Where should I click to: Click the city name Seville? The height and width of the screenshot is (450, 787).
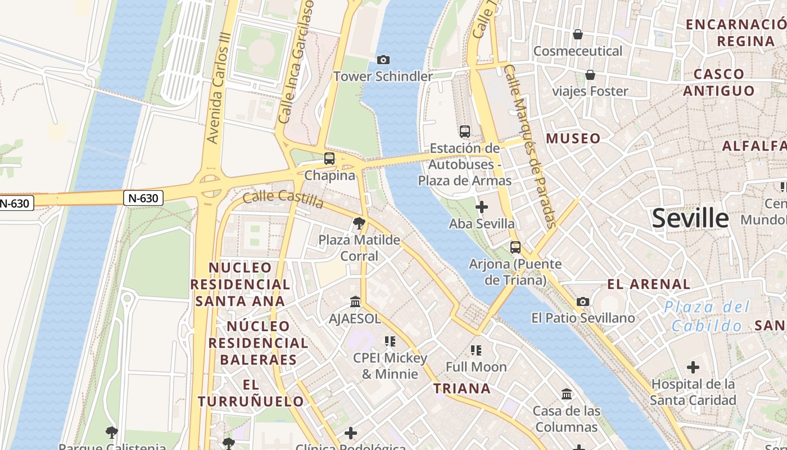point(690,218)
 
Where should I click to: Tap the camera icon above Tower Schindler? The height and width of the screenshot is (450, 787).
point(383,60)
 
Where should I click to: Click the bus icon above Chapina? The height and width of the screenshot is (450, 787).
point(329,159)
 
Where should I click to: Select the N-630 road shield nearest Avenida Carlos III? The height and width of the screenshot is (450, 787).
point(143,198)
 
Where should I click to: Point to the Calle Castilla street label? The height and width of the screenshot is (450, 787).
point(283,199)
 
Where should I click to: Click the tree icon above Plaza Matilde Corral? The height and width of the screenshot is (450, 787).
point(359,224)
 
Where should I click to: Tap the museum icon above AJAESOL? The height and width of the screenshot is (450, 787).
point(355,302)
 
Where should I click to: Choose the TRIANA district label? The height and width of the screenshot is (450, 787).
point(462,388)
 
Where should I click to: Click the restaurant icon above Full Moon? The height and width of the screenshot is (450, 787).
point(476,350)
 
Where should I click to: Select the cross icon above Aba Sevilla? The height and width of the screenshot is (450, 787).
point(481,207)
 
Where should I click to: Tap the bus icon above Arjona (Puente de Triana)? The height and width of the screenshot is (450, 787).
point(515,247)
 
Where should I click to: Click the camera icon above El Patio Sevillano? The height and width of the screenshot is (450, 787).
point(583,301)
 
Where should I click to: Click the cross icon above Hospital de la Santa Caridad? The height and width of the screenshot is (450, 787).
point(693,368)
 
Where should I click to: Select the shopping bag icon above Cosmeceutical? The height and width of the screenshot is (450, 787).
point(577,35)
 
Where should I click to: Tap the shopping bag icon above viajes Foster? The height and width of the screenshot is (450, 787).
point(590,75)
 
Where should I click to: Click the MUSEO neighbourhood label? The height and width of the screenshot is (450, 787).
point(573,138)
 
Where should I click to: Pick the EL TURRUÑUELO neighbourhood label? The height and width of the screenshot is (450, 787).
point(251,393)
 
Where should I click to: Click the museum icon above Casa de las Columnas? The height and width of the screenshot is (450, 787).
point(566,394)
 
